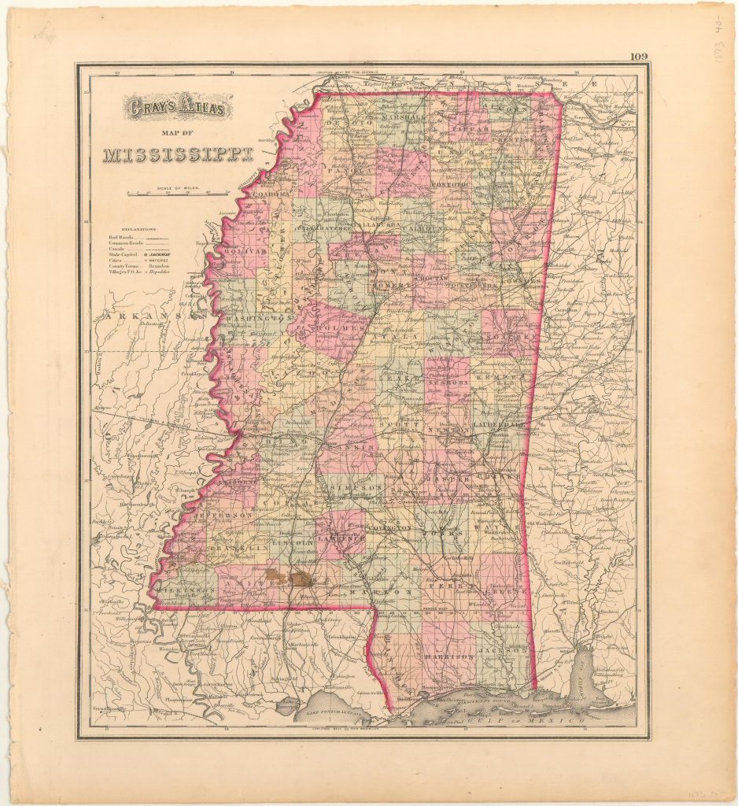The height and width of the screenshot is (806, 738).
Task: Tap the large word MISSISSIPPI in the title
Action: (x=178, y=154)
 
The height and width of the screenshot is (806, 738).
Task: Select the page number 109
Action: (x=640, y=57)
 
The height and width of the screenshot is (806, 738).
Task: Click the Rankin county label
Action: (x=356, y=446)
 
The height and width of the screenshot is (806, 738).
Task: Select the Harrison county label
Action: (x=448, y=655)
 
